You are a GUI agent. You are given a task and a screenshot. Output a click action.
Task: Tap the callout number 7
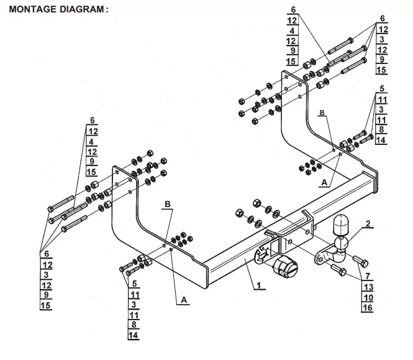(368, 275)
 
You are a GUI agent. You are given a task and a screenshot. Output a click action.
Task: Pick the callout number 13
(368, 287)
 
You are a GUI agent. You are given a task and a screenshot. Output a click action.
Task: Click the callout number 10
(368, 298)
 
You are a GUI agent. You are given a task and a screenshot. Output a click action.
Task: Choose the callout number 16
(368, 308)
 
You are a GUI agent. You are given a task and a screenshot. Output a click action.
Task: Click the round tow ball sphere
(342, 225)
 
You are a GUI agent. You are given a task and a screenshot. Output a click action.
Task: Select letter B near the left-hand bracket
(167, 204)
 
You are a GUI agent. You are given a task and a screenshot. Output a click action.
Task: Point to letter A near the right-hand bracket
(324, 183)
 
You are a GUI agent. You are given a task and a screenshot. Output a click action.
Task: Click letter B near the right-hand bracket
(322, 113)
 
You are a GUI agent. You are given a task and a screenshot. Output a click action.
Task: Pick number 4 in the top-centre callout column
(293, 30)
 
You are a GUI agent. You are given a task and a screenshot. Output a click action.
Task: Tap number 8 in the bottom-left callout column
(135, 325)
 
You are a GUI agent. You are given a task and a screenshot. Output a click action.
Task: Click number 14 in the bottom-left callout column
(135, 336)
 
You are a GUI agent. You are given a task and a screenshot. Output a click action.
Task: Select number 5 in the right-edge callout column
(383, 89)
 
